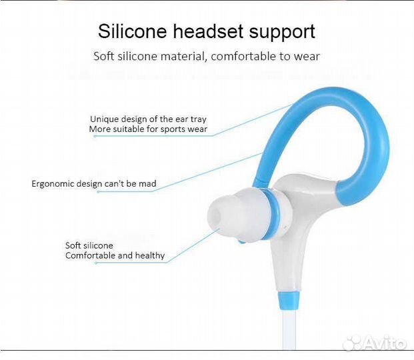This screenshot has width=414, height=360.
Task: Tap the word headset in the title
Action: [211, 31]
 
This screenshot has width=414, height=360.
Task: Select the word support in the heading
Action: [283, 32]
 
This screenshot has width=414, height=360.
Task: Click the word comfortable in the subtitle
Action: [243, 56]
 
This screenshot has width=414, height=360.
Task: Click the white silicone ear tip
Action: [230, 217]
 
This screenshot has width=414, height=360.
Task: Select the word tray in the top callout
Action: [198, 119]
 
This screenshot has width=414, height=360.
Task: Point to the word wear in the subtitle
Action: [308, 56]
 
